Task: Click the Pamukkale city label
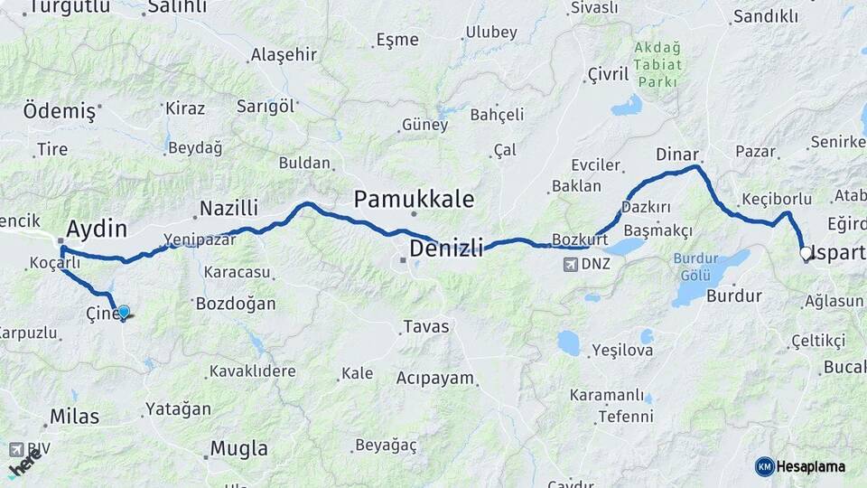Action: (x=414, y=199)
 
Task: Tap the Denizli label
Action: (x=446, y=247)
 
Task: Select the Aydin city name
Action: (x=97, y=228)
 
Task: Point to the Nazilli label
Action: (x=228, y=209)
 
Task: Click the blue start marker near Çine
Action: (x=124, y=313)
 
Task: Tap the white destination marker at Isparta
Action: (x=806, y=254)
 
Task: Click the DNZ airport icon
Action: (x=571, y=265)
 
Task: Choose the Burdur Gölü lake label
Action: (x=696, y=266)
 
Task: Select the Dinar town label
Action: (x=677, y=154)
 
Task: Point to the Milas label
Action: (x=74, y=417)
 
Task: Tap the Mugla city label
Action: (x=238, y=448)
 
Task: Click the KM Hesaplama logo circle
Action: (x=764, y=466)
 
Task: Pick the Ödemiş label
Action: (x=59, y=111)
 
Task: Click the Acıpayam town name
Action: (x=434, y=378)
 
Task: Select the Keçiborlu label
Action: (x=772, y=198)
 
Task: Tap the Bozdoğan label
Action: (x=236, y=304)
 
